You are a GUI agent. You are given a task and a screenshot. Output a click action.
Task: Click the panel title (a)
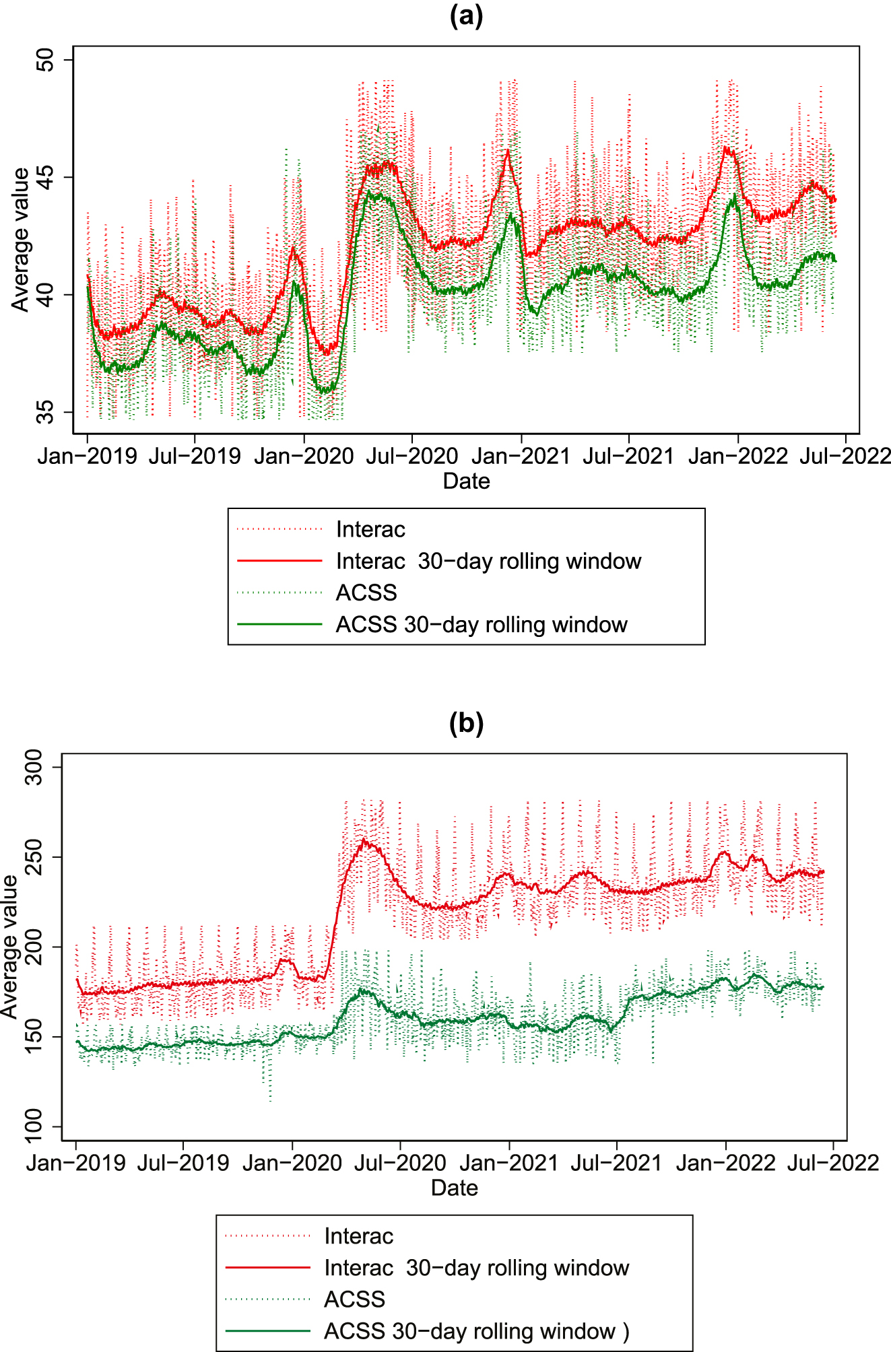point(466,16)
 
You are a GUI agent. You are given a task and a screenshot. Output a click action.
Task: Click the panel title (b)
point(466,723)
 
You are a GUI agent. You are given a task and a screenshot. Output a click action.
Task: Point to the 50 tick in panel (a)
point(45,60)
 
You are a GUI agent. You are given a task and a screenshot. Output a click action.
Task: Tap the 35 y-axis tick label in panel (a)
point(45,412)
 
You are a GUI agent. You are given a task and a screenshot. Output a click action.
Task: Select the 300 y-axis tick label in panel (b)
point(33,767)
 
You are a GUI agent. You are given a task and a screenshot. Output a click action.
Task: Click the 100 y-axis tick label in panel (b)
point(33,1126)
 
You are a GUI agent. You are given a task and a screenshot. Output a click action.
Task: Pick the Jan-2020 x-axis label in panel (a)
point(304,457)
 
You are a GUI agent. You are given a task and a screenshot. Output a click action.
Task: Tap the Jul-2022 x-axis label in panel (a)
point(845,457)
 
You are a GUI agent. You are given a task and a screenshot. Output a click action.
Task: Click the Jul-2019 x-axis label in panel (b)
point(183,1163)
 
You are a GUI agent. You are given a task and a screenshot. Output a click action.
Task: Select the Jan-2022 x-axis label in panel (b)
point(725,1163)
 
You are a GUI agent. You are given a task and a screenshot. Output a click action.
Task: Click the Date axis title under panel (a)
point(466,481)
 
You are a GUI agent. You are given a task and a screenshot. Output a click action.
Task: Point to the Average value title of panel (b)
point(9,946)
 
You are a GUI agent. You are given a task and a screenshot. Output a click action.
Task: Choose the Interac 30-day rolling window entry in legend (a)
point(488,561)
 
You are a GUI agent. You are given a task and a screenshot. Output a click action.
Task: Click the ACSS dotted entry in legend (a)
point(366,593)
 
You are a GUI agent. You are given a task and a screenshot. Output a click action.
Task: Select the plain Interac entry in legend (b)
point(358,1236)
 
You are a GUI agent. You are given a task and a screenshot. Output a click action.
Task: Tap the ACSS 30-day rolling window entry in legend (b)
point(469,1331)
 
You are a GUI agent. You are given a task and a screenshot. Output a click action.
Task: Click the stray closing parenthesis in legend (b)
point(626,1331)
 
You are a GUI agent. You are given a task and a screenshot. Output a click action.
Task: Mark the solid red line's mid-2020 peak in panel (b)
point(364,840)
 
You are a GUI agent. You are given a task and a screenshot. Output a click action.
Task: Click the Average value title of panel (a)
point(21,239)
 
